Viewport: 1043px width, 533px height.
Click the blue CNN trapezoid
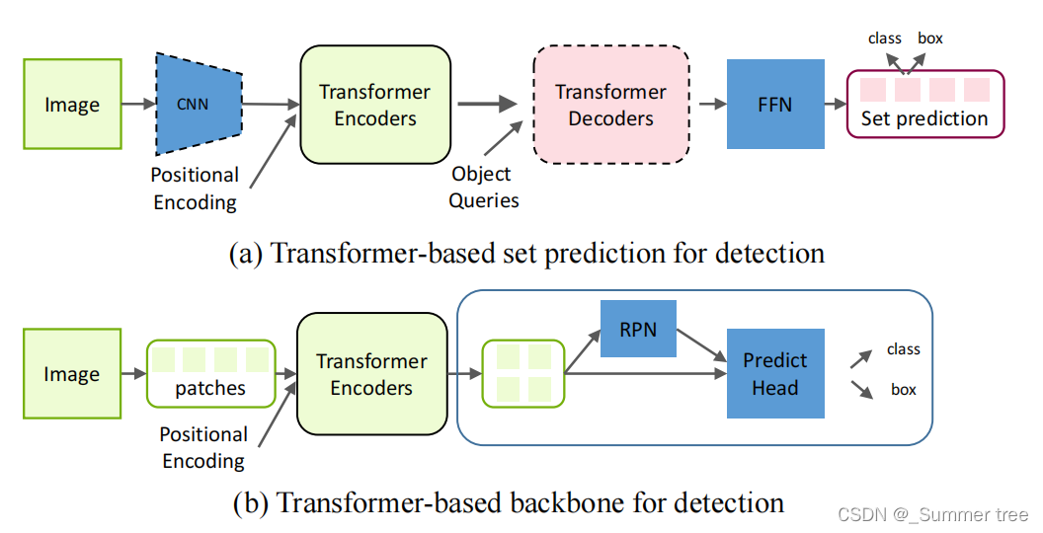coord(199,104)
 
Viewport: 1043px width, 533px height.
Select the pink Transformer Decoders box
coord(610,105)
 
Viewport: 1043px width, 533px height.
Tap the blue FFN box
coord(775,104)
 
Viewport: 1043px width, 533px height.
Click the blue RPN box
coord(638,329)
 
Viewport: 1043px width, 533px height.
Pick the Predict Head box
coord(775,373)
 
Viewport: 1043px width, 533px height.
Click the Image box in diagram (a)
coord(72,104)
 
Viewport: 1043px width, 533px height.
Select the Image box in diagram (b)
coord(72,373)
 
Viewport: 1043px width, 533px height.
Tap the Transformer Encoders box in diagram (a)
coord(375,105)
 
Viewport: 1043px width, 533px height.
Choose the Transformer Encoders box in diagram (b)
coord(371,373)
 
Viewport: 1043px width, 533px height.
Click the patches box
coord(210,373)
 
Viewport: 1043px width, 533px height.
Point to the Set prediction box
coord(925,105)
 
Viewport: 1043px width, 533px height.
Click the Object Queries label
coord(483,187)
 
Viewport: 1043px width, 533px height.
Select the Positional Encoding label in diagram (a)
coord(195,189)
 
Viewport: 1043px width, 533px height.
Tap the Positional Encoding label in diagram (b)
coord(203,447)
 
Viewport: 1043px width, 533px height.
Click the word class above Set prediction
coord(885,38)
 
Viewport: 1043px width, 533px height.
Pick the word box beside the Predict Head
coord(904,390)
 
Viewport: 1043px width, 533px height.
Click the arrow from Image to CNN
coord(138,104)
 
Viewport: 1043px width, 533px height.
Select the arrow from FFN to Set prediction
coord(836,104)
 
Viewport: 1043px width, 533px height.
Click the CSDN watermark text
coord(933,514)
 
